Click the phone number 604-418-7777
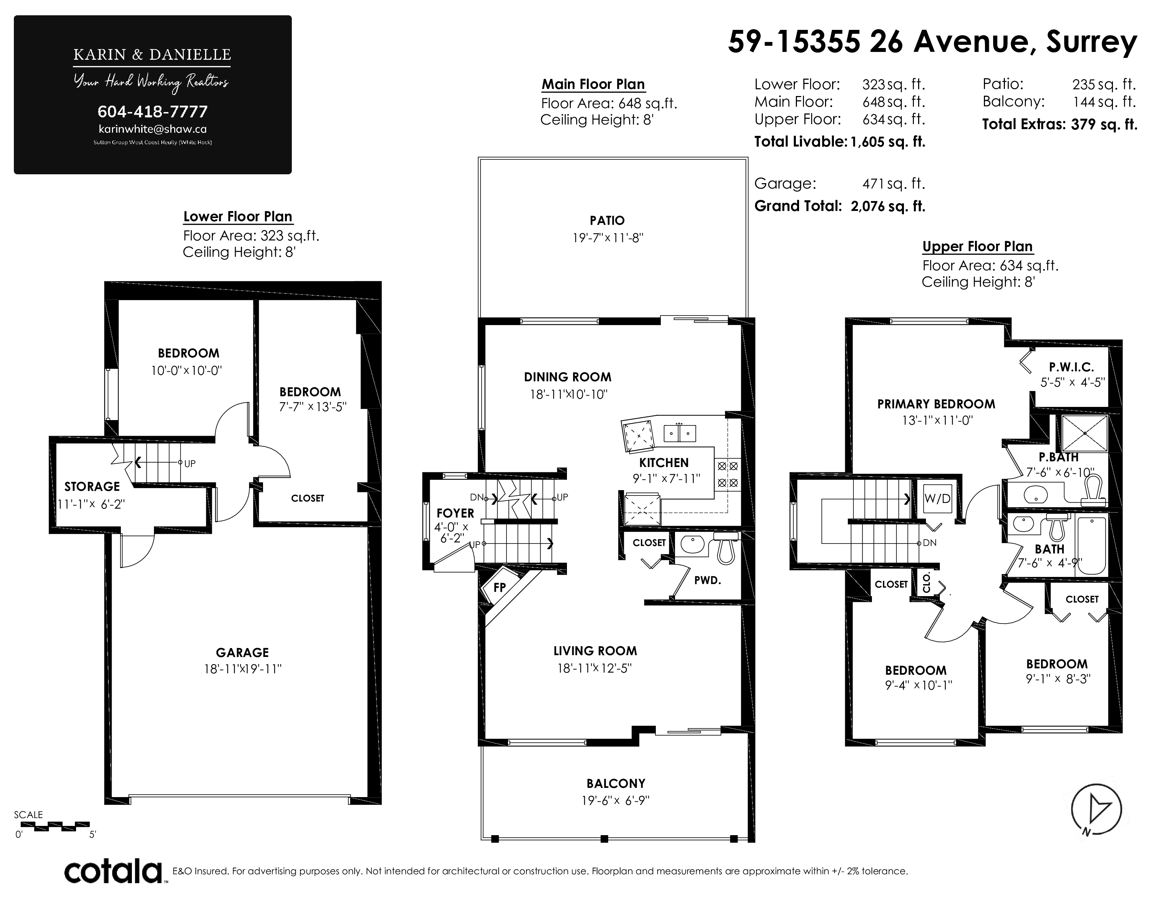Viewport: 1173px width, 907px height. (152, 112)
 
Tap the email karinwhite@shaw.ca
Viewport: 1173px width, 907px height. (152, 129)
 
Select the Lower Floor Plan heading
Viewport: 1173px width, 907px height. (238, 217)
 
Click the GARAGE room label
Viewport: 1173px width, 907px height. (242, 652)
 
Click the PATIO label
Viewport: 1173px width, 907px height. (607, 220)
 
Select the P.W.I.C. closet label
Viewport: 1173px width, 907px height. (1071, 367)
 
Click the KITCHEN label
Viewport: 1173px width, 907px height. (664, 463)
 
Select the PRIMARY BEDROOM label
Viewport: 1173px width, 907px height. (936, 404)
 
